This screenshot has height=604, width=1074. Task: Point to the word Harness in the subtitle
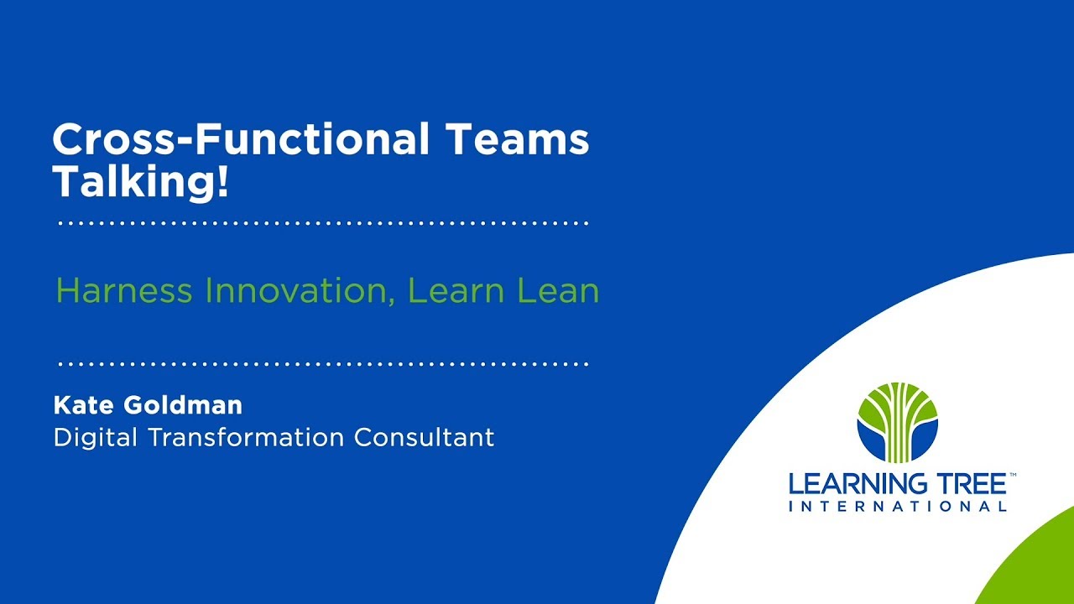(124, 291)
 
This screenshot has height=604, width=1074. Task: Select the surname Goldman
(183, 405)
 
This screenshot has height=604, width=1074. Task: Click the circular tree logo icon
(897, 422)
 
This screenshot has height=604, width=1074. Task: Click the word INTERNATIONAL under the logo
(897, 507)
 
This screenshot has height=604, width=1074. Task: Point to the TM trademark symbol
(1013, 475)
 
